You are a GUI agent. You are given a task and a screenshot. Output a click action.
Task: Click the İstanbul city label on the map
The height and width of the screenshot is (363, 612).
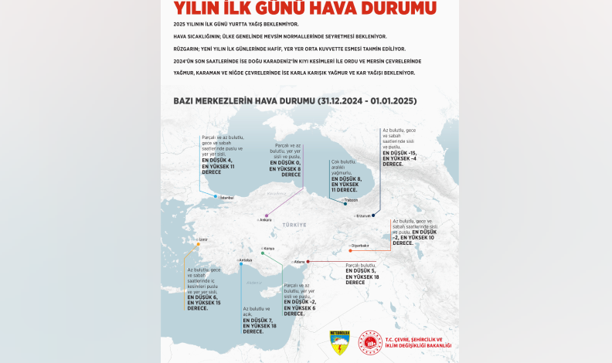pyautogui.click(x=227, y=198)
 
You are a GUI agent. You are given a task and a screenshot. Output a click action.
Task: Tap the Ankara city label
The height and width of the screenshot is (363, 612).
pyautogui.click(x=266, y=220)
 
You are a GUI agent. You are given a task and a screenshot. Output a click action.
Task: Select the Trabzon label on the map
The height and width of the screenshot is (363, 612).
pyautogui.click(x=352, y=200)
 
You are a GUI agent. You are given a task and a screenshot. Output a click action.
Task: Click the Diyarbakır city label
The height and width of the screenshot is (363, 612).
pyautogui.click(x=360, y=246)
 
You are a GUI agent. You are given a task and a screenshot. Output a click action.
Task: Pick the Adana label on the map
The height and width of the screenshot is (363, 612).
pyautogui.click(x=300, y=262)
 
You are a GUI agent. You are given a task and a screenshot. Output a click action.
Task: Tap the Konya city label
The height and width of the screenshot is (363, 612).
pyautogui.click(x=270, y=249)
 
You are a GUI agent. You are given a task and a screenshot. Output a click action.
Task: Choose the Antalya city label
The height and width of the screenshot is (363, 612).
pyautogui.click(x=246, y=260)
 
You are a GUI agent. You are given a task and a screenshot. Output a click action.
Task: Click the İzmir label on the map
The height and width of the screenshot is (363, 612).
pyautogui.click(x=203, y=239)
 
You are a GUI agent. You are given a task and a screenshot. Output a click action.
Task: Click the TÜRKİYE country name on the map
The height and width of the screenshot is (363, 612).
pyautogui.click(x=294, y=224)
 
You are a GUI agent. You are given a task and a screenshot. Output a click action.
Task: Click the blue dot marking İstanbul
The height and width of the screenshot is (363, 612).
pyautogui.click(x=216, y=196)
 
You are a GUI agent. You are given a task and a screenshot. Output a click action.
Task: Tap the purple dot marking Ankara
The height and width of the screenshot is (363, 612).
pyautogui.click(x=267, y=215)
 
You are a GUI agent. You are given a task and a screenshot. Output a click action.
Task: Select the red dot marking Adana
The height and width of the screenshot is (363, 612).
pyautogui.click(x=308, y=262)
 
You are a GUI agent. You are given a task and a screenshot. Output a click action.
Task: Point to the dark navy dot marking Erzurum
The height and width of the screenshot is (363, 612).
pyautogui.click(x=373, y=215)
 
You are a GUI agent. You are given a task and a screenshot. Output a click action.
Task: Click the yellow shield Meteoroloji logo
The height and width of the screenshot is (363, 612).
pyautogui.click(x=339, y=342)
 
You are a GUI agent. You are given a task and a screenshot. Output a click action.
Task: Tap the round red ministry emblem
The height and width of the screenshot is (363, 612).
pyautogui.click(x=370, y=342)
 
